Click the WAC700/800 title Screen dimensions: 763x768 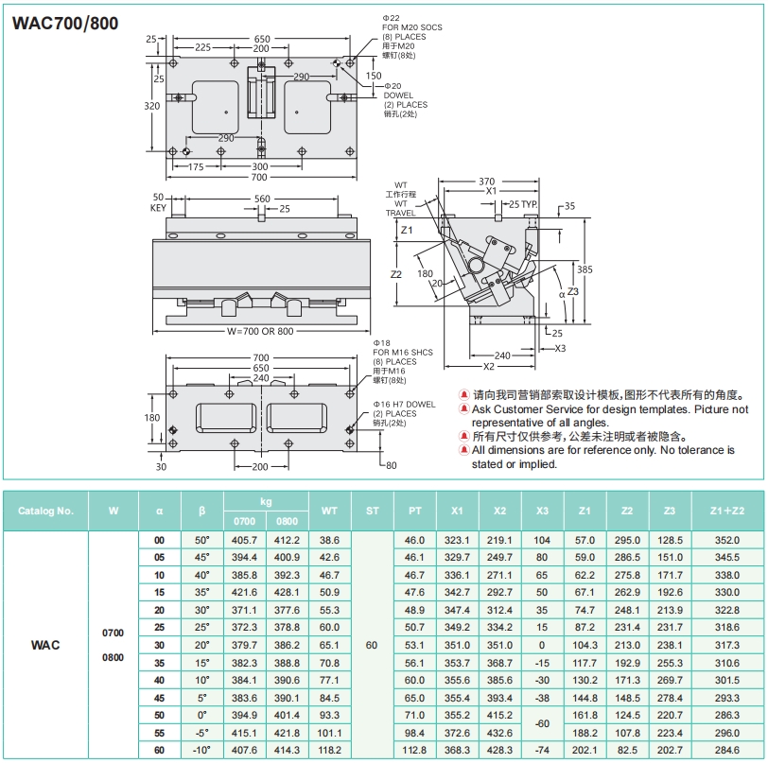point(65,23)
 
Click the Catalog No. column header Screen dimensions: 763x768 point(46,511)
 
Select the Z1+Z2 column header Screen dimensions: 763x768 point(727,511)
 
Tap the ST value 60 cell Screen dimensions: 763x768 point(371,645)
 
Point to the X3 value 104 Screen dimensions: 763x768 point(542,540)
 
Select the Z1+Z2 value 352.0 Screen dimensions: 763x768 point(727,540)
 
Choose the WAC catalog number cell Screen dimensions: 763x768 point(45,645)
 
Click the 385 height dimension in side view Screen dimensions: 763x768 point(585,269)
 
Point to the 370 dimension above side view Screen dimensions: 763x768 point(486,182)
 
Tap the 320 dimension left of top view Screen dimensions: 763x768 point(152,107)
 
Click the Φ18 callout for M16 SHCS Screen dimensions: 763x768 point(382,341)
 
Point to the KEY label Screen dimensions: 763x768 point(158,208)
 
